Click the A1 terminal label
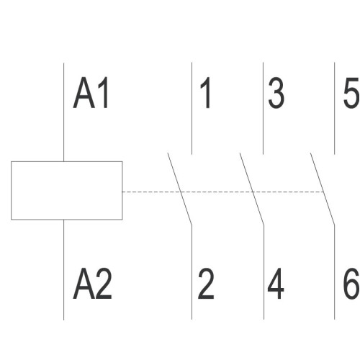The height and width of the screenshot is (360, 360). point(91,93)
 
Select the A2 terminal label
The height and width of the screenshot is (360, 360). point(92,284)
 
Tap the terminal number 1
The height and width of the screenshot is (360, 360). point(205,93)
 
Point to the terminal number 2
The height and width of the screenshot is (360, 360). point(206,284)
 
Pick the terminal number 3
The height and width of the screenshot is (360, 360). point(276,93)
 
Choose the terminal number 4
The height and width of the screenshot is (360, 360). point(276,284)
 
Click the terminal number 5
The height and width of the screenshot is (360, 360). point(351,93)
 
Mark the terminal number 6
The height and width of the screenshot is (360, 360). point(351,284)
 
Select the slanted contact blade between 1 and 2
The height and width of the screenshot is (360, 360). point(180,189)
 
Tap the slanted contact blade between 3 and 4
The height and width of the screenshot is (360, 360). point(252,189)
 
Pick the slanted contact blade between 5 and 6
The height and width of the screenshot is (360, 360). point(323,189)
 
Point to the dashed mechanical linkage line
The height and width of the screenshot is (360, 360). point(223,192)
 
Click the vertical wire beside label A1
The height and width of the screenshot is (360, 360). point(63,112)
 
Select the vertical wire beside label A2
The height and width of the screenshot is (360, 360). point(63,270)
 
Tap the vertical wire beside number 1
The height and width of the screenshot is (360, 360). point(192,108)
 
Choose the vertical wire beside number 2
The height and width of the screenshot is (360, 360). point(192,272)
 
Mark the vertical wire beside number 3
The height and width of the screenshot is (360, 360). point(263,108)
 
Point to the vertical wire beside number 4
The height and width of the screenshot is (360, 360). point(264,272)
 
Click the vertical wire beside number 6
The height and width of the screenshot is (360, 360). point(334,272)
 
